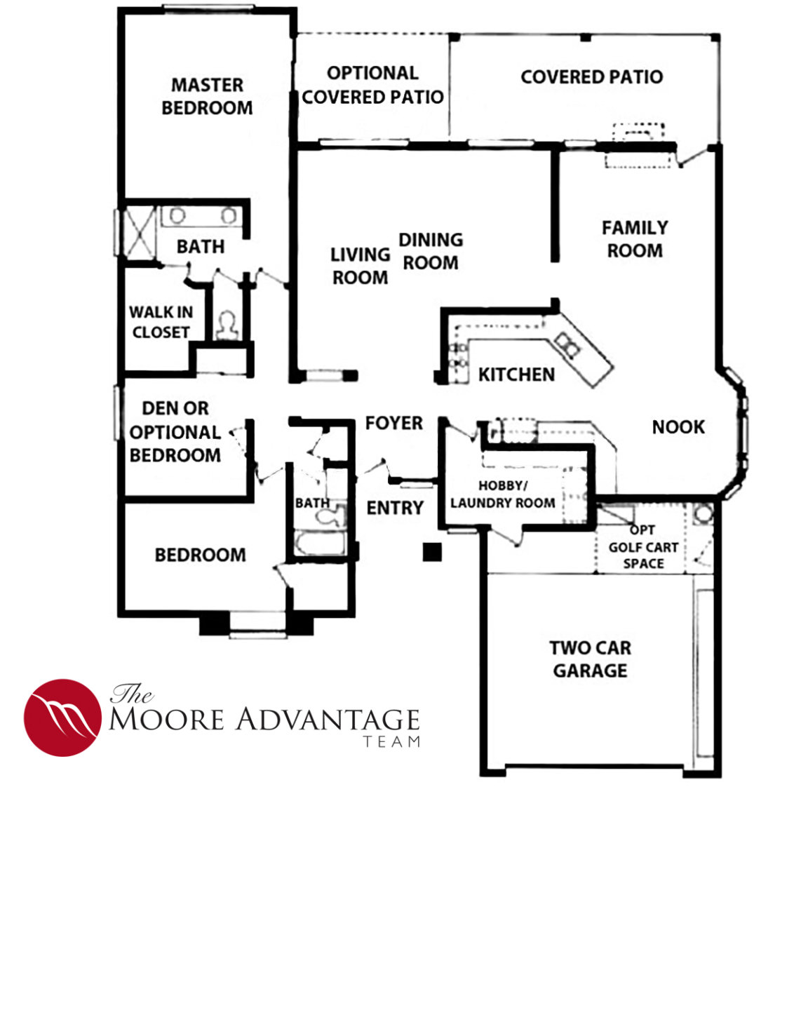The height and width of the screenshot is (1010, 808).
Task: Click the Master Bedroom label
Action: pos(207,96)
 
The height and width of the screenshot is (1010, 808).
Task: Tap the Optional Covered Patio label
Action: pos(372,85)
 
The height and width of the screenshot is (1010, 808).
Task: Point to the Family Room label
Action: pos(635,239)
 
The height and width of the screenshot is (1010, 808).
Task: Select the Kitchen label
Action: pos(516,375)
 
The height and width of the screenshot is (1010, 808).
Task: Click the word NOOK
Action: pos(678,426)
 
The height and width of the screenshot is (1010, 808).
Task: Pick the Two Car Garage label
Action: pos(590,659)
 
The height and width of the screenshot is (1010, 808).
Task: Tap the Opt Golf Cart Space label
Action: pos(643,546)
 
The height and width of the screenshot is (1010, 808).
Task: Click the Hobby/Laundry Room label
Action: pos(502,494)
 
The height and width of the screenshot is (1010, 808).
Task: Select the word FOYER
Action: pos(394,423)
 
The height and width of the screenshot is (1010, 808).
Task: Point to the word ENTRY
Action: pos(395,508)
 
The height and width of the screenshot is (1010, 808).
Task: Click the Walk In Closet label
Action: pos(161,322)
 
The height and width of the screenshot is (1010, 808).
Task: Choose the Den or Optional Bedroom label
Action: pos(175,431)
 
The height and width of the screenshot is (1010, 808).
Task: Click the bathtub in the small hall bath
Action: pos(320,544)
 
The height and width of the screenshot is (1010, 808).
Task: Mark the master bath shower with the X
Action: pos(140,231)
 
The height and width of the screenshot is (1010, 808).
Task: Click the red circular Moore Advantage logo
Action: pos(62,718)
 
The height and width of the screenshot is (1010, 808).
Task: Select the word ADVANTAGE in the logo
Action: pos(327,719)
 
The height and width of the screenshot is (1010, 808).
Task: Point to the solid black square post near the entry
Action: pos(432,552)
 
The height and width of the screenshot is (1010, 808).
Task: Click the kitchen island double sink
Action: pos(567,344)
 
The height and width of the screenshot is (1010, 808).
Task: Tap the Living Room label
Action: pos(360,266)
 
